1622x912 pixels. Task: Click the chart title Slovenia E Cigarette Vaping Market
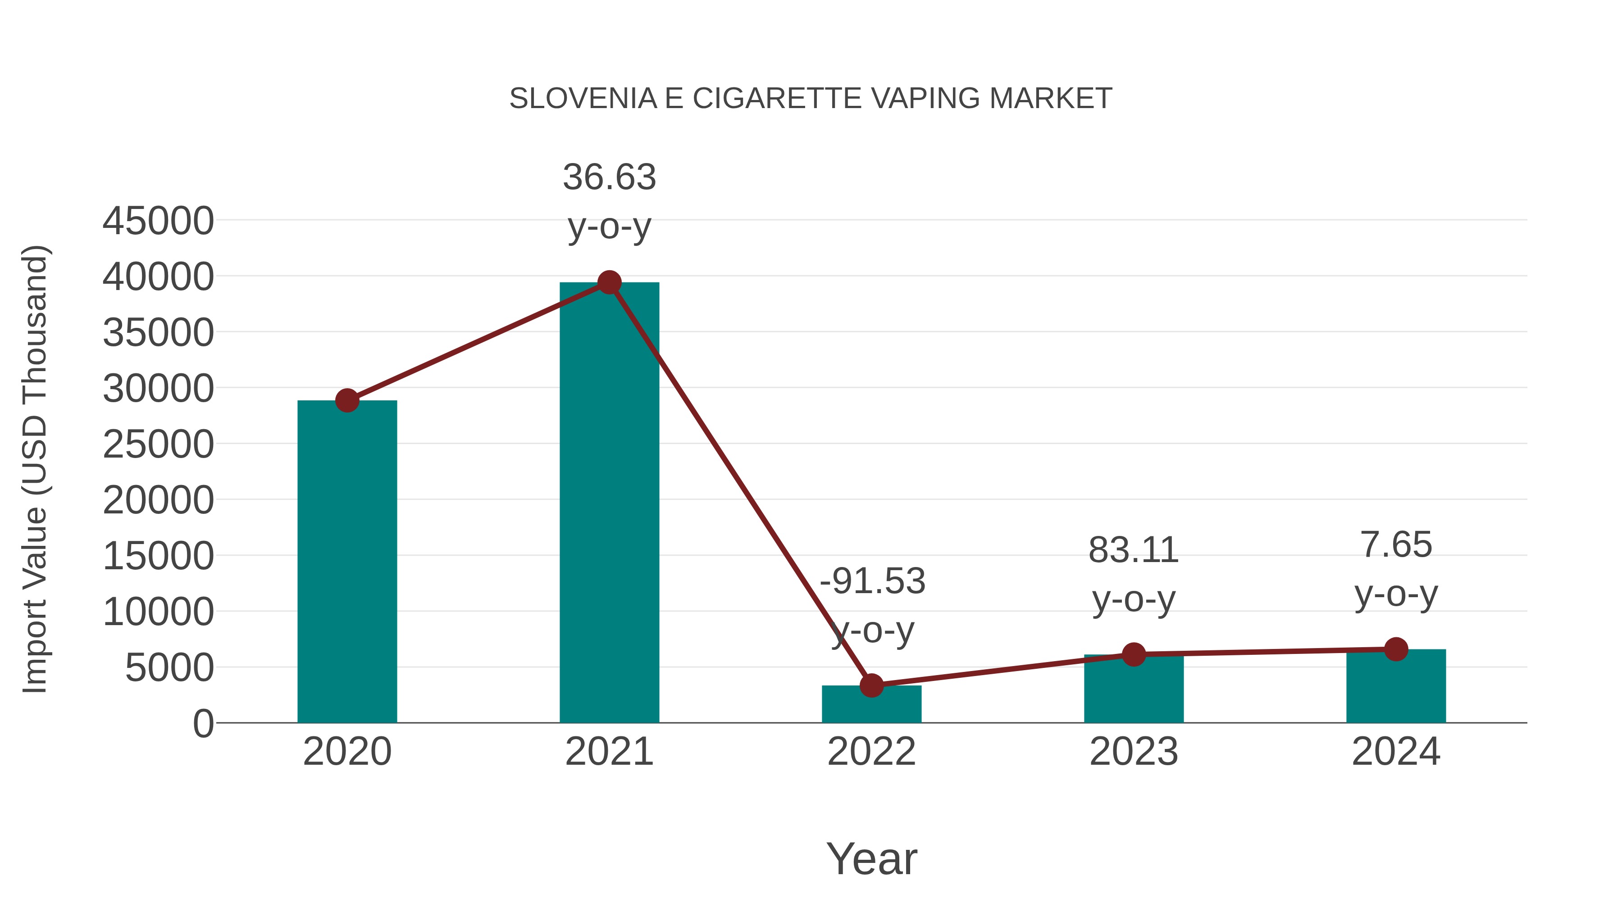[x=811, y=99]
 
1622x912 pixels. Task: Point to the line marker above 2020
[x=347, y=400]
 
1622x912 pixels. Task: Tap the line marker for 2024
[x=1396, y=649]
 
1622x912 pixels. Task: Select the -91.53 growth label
[x=872, y=581]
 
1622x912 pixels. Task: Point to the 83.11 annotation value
[x=1134, y=551]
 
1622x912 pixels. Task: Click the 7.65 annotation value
[x=1396, y=545]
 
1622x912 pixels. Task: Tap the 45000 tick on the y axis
[x=158, y=222]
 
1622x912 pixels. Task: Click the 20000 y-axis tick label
[x=158, y=501]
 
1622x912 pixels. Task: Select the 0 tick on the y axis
[x=203, y=724]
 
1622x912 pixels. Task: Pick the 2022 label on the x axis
[x=871, y=752]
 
